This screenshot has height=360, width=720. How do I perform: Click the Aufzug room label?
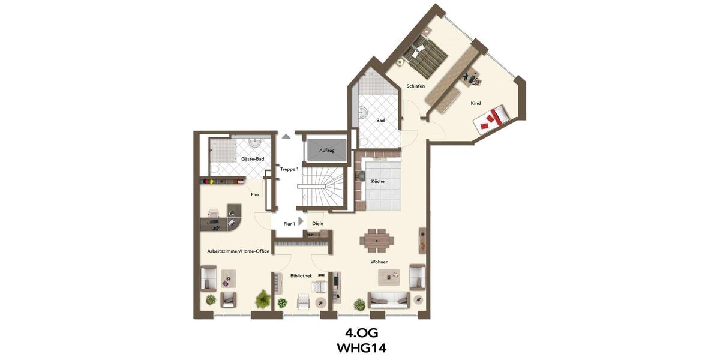point(327,149)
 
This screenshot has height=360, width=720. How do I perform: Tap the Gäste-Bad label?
point(253,159)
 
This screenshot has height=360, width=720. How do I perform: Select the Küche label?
point(378,181)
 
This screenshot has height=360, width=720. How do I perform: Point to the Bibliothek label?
point(301,276)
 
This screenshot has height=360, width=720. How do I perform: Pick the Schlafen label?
point(416,86)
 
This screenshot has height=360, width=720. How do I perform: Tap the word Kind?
point(476,103)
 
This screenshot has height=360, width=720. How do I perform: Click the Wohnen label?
point(379,262)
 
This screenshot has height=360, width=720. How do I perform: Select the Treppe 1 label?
point(289,169)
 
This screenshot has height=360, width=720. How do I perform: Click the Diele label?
point(318,224)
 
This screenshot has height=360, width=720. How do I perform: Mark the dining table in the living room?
point(377,241)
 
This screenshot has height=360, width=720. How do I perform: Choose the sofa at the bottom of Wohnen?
point(389,299)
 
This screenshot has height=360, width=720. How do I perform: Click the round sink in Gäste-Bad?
point(255,143)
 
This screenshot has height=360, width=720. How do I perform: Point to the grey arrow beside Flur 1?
point(301,221)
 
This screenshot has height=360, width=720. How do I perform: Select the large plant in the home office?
point(263,298)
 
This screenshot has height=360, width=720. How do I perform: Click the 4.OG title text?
point(361,332)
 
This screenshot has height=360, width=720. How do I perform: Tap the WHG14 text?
point(361,347)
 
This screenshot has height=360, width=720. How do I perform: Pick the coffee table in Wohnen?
point(389,277)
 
